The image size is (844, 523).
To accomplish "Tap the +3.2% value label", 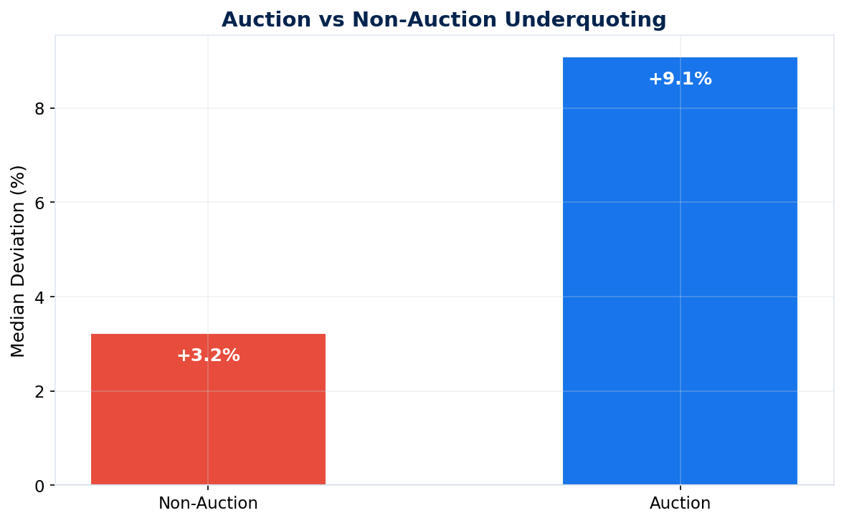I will point(208,355).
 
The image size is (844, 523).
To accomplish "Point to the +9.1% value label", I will point(680,80).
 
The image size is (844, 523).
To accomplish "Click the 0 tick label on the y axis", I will point(39,486).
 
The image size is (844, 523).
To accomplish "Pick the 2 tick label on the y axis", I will point(39,391).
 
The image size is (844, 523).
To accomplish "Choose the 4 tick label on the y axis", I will point(39,297).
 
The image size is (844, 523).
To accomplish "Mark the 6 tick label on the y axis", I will point(39,203).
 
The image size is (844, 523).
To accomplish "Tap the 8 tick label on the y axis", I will point(39,108).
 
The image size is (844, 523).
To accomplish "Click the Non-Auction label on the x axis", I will point(208,504).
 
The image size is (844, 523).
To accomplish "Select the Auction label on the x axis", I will point(680,504).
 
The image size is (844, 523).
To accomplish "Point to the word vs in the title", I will point(331,20).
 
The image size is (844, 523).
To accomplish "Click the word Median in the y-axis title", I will point(19,327).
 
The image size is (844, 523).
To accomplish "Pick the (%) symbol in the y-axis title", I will point(19,179).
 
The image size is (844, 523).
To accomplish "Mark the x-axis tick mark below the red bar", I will point(208,489).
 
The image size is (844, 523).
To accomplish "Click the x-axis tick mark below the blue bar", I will point(680,489).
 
